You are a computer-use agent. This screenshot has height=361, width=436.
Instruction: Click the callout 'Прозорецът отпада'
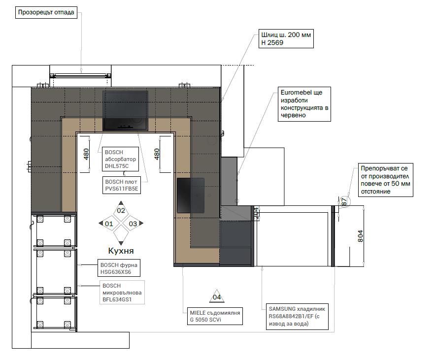click(46, 12)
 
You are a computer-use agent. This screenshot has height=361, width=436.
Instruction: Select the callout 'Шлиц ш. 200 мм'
click(286, 38)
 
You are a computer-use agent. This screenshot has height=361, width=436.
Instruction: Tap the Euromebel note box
click(304, 104)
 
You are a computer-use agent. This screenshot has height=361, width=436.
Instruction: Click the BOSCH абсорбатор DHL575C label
click(120, 159)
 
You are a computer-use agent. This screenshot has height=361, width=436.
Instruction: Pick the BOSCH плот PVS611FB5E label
click(122, 185)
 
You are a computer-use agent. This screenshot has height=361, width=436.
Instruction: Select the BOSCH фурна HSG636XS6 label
click(119, 268)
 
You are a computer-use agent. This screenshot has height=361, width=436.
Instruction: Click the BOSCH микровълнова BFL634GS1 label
click(122, 293)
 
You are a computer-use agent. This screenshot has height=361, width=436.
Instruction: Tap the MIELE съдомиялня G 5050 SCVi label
click(215, 316)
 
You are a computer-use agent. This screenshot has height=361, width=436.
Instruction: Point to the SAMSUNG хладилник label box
click(297, 317)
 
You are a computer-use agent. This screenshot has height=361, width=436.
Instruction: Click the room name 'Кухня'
click(121, 251)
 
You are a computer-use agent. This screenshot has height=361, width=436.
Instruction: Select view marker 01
click(109, 224)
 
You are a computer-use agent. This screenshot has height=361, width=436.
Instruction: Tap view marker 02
click(121, 210)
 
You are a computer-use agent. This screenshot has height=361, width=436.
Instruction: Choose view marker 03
click(133, 224)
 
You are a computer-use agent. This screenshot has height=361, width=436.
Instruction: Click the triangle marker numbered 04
click(217, 297)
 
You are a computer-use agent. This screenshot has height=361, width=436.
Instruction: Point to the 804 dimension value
click(360, 236)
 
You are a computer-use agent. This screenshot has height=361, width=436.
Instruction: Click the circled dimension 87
click(344, 201)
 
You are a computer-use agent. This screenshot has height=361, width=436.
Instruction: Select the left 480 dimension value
click(86, 154)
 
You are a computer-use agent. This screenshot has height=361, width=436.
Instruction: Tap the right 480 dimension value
click(157, 154)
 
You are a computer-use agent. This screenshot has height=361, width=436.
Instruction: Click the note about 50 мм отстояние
click(385, 180)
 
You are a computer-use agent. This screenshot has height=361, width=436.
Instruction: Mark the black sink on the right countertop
click(191, 196)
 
